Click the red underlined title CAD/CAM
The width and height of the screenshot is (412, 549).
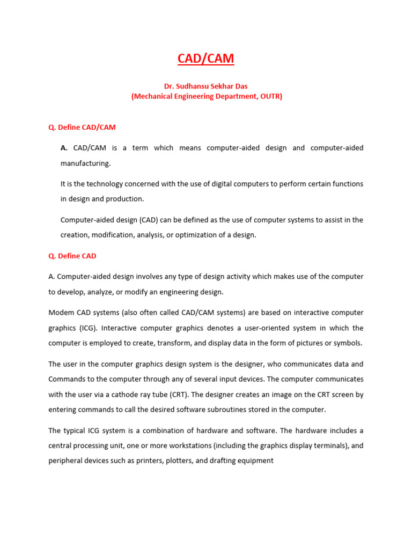click(x=206, y=58)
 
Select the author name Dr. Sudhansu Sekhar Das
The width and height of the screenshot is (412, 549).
click(x=206, y=86)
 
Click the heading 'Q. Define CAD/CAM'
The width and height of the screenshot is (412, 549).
click(x=82, y=128)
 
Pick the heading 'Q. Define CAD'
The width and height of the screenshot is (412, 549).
click(x=72, y=256)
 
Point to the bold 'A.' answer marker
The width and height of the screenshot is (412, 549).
click(x=64, y=147)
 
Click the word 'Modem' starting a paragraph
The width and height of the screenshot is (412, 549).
click(x=60, y=313)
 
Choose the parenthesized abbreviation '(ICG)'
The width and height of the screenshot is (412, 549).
click(x=87, y=328)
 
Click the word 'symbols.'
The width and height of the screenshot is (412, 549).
click(x=349, y=343)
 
